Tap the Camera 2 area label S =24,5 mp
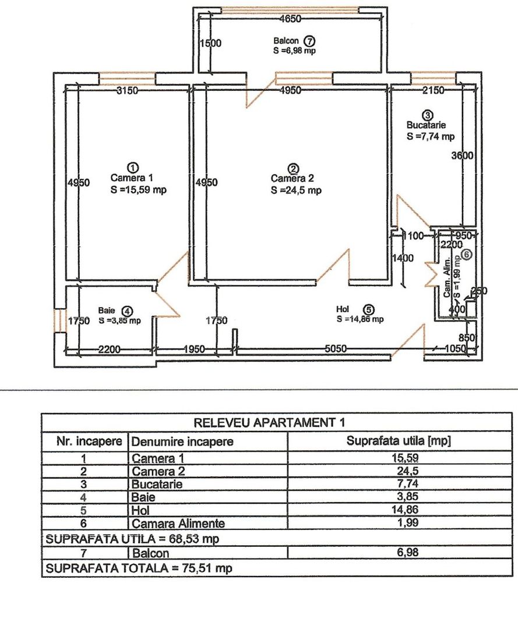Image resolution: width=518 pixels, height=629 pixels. pyautogui.click(x=295, y=190)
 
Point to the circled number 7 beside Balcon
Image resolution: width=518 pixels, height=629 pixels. pyautogui.click(x=309, y=41)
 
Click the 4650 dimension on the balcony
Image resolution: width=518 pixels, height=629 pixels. pyautogui.click(x=290, y=19)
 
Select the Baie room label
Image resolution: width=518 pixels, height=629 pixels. pyautogui.click(x=107, y=311)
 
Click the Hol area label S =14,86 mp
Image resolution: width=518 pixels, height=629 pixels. pyautogui.click(x=360, y=319)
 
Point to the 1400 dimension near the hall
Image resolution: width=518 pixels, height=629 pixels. pyautogui.click(x=401, y=257)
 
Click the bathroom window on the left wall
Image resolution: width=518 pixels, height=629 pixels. pyautogui.click(x=58, y=321)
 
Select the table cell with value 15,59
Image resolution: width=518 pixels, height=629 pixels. pyautogui.click(x=399, y=457)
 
